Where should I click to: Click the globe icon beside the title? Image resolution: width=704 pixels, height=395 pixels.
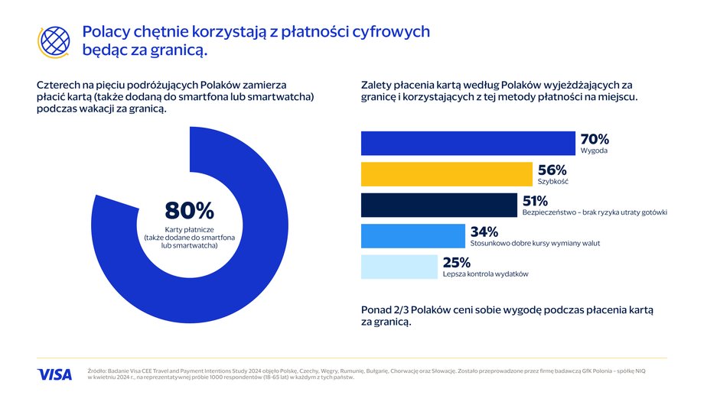click(x=54, y=42)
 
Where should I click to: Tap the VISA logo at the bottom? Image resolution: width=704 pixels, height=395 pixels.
click(x=54, y=374)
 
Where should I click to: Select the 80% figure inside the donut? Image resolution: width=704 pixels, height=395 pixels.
click(x=190, y=210)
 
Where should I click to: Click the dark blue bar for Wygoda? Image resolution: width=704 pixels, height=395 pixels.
click(x=468, y=144)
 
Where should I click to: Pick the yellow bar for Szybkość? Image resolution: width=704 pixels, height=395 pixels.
click(x=447, y=174)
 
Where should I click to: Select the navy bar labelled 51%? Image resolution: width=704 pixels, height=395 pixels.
click(x=439, y=206)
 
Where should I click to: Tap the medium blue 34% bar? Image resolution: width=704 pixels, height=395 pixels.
click(x=413, y=236)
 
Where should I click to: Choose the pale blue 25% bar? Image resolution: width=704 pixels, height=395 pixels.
click(x=399, y=267)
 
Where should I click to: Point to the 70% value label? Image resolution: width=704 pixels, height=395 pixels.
click(x=595, y=139)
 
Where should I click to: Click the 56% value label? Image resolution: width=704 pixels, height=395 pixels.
click(x=552, y=170)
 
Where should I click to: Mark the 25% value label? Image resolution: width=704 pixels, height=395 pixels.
click(x=457, y=262)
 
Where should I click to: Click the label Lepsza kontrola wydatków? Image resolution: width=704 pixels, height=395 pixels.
click(x=485, y=274)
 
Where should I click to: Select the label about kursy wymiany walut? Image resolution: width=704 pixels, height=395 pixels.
click(x=535, y=243)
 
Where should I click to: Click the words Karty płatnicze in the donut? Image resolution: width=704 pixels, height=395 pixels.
click(x=190, y=229)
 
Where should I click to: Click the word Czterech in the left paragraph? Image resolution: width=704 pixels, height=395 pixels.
click(x=58, y=85)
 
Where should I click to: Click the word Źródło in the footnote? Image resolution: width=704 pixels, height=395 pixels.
click(x=97, y=371)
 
